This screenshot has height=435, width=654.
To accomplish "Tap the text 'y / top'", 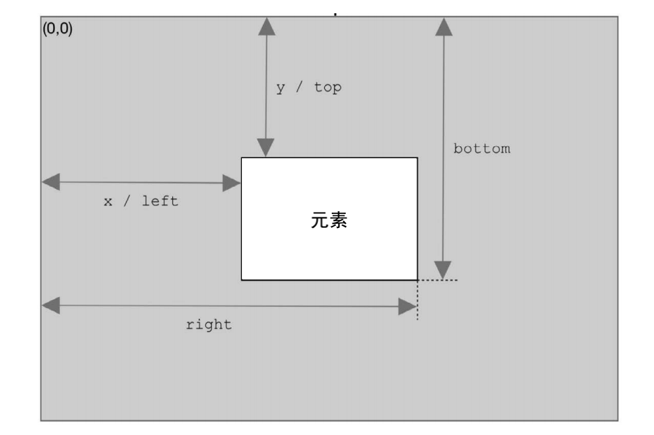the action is (309, 88).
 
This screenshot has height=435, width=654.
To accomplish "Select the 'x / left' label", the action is (141, 201).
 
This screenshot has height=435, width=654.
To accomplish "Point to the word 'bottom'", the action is (482, 148).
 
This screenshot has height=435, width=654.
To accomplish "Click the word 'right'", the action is (208, 325).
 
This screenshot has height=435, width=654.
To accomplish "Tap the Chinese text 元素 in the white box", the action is (329, 222).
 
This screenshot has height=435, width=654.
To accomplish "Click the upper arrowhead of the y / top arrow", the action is (266, 26).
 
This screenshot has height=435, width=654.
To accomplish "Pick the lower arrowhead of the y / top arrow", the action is (266, 148).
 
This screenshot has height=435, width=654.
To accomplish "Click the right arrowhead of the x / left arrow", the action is (231, 183).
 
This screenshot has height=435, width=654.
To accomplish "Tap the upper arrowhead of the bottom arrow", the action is (443, 26).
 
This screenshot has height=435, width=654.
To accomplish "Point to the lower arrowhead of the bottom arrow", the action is (443, 270).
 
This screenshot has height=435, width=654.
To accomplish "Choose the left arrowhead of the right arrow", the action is (51, 305).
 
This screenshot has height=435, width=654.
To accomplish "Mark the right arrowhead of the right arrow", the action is (408, 306).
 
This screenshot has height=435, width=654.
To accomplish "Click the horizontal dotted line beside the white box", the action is (438, 280).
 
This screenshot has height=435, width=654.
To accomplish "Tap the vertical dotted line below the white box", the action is (418, 300).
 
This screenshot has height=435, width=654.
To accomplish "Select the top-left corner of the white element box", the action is (242, 158).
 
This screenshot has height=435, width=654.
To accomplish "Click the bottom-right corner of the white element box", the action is (417, 280).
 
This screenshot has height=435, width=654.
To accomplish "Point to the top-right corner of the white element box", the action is (417, 158).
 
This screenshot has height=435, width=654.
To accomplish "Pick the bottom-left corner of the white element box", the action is (242, 280).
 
